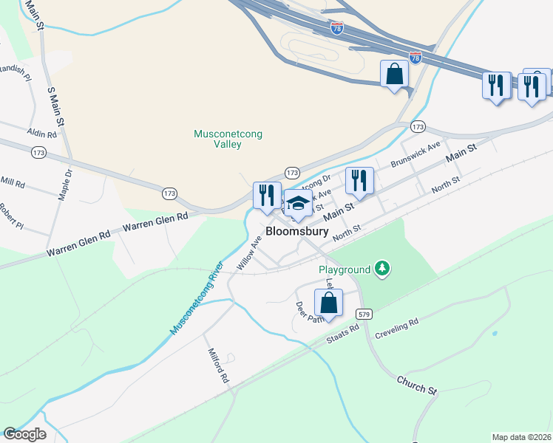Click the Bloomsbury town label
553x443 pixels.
click(296, 231)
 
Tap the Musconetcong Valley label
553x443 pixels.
click(228, 140)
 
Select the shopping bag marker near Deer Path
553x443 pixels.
click(328, 303)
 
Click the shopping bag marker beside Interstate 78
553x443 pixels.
click(395, 75)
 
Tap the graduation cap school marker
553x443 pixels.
click(297, 205)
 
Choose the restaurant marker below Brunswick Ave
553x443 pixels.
click(359, 181)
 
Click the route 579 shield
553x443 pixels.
click(364, 313)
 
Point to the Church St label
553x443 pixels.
click(417, 384)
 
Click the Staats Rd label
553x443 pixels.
click(342, 336)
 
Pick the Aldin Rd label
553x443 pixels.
click(41, 134)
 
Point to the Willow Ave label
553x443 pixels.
click(249, 253)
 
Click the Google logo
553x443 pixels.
click(24, 434)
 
